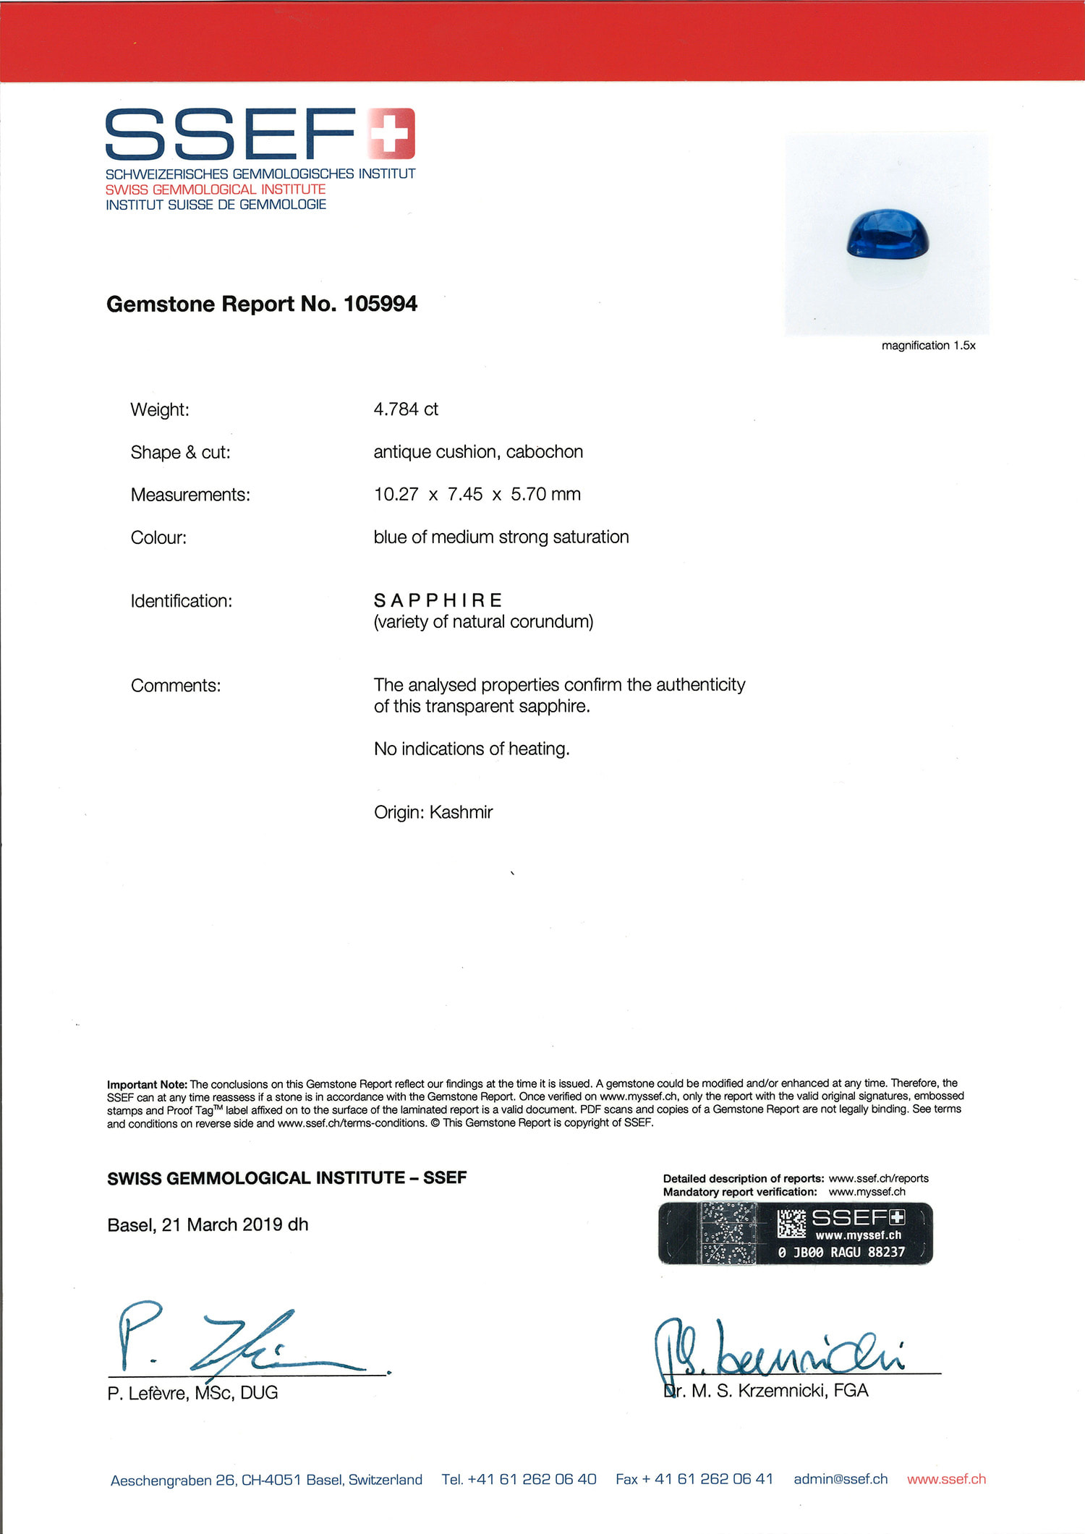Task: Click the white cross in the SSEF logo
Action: [x=391, y=133]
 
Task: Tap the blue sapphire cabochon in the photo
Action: [x=887, y=234]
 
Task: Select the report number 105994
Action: [x=380, y=304]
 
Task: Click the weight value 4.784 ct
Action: [x=406, y=409]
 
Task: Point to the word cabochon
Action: [x=545, y=452]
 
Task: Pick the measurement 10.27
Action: [x=396, y=495]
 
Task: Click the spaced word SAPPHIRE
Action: [x=438, y=600]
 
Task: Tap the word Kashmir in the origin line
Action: [x=461, y=812]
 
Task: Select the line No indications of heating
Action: [x=472, y=749]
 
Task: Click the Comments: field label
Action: [x=176, y=686]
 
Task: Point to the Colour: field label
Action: [x=158, y=537]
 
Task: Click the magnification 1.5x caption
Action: [x=928, y=346]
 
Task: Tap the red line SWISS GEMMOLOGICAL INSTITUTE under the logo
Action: [x=216, y=189]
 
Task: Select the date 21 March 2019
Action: [x=222, y=1224]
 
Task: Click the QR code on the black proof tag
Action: [x=791, y=1224]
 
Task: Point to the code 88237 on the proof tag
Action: [x=886, y=1252]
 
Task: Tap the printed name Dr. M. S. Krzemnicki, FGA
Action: [x=765, y=1390]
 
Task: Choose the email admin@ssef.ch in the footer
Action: [x=841, y=1479]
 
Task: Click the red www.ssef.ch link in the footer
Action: [x=946, y=1479]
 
